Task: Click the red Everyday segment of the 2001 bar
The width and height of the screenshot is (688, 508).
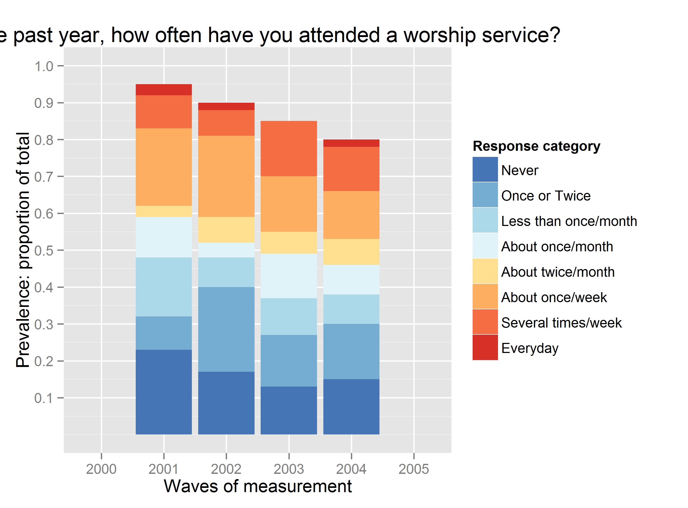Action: (164, 89)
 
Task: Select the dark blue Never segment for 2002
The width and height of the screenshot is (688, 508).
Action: (226, 403)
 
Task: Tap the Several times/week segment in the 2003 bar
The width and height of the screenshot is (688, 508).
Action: (288, 148)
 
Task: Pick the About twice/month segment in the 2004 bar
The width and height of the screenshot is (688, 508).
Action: (351, 252)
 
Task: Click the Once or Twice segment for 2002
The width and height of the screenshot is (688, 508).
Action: (226, 329)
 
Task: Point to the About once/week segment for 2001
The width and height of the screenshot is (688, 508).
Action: (164, 167)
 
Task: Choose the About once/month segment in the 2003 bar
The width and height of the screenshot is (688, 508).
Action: (288, 276)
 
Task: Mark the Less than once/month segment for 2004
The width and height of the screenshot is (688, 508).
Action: (351, 309)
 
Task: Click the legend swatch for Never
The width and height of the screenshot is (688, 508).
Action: (485, 169)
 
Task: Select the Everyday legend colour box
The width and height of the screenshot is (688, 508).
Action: (485, 347)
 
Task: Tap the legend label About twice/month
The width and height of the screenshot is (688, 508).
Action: (558, 272)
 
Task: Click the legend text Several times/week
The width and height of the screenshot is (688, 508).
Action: (561, 323)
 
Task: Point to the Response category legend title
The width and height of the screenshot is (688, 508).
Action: (536, 146)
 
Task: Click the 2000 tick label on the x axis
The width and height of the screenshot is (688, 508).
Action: (101, 469)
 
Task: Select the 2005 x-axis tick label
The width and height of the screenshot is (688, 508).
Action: (414, 469)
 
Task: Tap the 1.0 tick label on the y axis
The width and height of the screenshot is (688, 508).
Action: (44, 66)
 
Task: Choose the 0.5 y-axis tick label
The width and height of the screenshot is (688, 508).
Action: (44, 251)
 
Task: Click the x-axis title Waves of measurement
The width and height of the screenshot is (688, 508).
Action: (258, 486)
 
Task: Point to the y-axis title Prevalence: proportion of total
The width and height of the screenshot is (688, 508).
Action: (23, 250)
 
